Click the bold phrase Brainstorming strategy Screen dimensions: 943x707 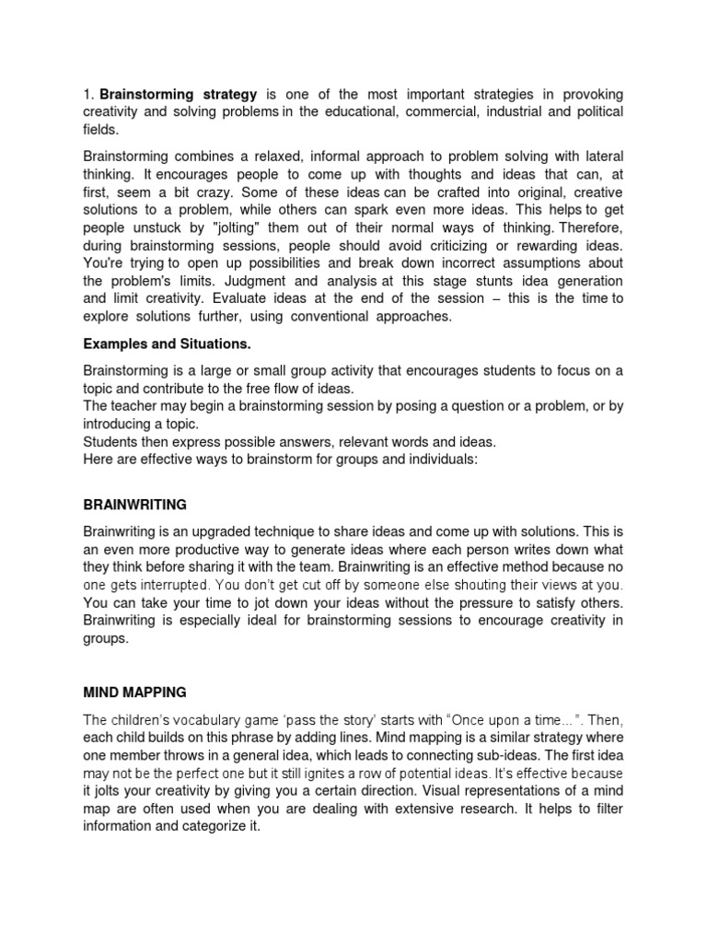point(178,95)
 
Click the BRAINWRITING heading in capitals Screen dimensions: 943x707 point(134,505)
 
